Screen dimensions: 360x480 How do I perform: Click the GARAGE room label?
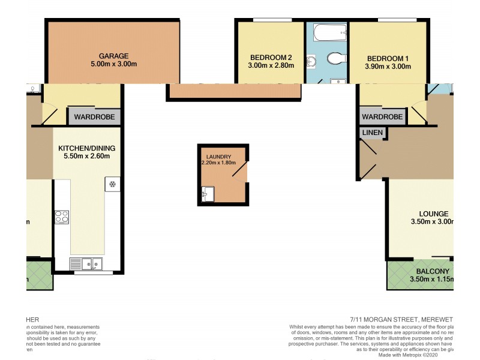pyautogui.click(x=113, y=55)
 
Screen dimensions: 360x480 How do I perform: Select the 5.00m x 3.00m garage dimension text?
pyautogui.click(x=113, y=64)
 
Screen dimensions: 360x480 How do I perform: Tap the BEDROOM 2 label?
pyautogui.click(x=271, y=58)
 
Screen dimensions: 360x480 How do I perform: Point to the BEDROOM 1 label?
pyautogui.click(x=388, y=58)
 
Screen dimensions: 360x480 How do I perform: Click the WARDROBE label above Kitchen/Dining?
pyautogui.click(x=94, y=116)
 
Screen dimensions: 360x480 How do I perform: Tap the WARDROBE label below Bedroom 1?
pyautogui.click(x=382, y=117)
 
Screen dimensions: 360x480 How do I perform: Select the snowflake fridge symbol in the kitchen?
pyautogui.click(x=112, y=184)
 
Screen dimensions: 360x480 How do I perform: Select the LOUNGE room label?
pyautogui.click(x=434, y=214)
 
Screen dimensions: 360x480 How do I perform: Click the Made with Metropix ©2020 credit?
pyautogui.click(x=415, y=355)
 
